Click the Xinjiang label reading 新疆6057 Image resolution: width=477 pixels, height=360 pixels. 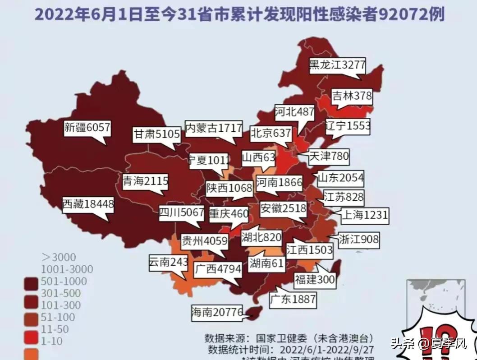point(87,128)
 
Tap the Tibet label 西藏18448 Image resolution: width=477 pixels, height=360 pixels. point(87,204)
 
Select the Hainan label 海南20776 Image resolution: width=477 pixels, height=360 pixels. point(217,312)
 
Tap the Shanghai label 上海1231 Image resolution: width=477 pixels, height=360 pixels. point(364,215)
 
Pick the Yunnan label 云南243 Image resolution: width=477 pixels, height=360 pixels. point(168,261)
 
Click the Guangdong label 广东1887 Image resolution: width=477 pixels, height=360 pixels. point(293,300)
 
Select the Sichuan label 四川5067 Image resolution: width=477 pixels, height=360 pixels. point(182,212)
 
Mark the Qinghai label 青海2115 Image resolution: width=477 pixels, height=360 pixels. point(146,181)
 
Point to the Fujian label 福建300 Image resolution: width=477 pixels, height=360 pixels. point(315,280)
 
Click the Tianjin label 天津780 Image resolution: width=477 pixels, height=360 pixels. point(329,157)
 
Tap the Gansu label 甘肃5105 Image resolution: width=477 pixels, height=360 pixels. point(156,134)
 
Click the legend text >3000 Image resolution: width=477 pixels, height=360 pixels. point(59,257)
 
